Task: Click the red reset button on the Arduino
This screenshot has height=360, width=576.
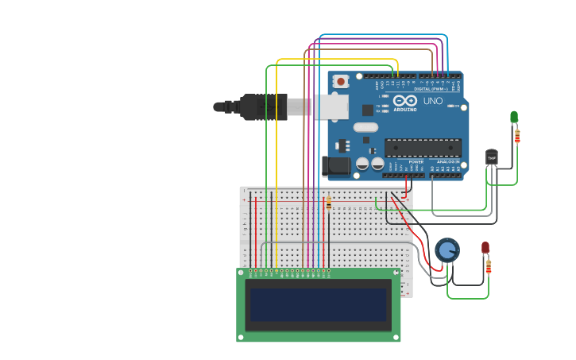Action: (341, 81)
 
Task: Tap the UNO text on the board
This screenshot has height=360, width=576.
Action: (433, 102)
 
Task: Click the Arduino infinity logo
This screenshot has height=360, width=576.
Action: (404, 101)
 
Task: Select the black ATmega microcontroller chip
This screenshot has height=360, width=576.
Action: (423, 147)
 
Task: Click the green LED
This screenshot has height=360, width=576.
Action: (514, 117)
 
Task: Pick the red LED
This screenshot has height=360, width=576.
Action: (485, 248)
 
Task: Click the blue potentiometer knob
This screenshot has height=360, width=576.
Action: (447, 250)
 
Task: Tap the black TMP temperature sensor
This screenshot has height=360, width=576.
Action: (492, 157)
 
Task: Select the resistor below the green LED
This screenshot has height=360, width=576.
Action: (517, 137)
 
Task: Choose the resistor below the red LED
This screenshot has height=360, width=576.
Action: (489, 266)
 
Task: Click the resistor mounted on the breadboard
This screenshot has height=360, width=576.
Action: (329, 204)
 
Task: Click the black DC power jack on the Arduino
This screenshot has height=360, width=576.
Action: (335, 166)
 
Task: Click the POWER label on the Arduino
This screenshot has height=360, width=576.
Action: (416, 161)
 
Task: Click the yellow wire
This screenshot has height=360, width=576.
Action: (276, 159)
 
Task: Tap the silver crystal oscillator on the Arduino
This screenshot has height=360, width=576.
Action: (365, 127)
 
